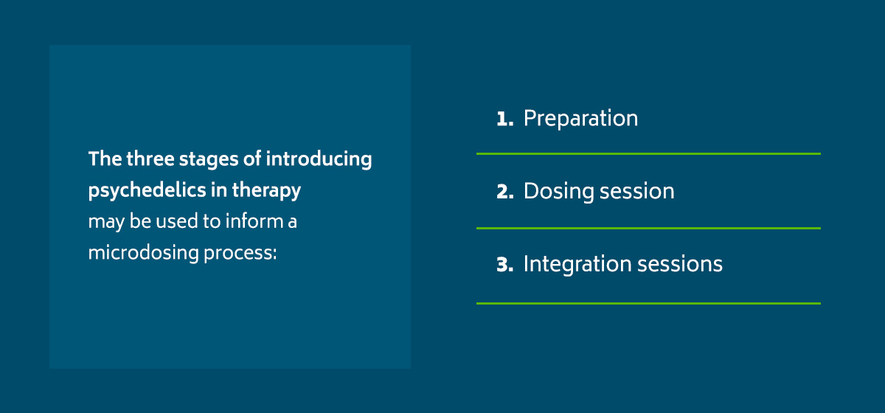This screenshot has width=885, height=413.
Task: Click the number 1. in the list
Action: [x=505, y=119]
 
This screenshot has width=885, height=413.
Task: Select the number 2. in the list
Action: [x=505, y=192]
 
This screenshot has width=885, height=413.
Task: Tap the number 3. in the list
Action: [x=505, y=265]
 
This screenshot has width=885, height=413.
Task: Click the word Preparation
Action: [x=581, y=119]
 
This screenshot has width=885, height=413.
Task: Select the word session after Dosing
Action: [x=637, y=192]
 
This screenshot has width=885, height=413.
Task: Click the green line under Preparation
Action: [x=648, y=153]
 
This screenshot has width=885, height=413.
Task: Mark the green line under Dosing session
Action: [x=648, y=228]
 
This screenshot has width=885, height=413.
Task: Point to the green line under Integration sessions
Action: [x=648, y=303]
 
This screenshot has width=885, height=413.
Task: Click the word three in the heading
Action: [x=150, y=159]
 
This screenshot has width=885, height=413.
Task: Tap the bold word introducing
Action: [x=319, y=159]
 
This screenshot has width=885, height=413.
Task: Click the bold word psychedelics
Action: [x=147, y=190]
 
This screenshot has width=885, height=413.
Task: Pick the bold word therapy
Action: [x=266, y=191]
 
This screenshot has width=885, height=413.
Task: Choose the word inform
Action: [x=254, y=221]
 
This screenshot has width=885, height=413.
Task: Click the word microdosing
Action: [x=143, y=253]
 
